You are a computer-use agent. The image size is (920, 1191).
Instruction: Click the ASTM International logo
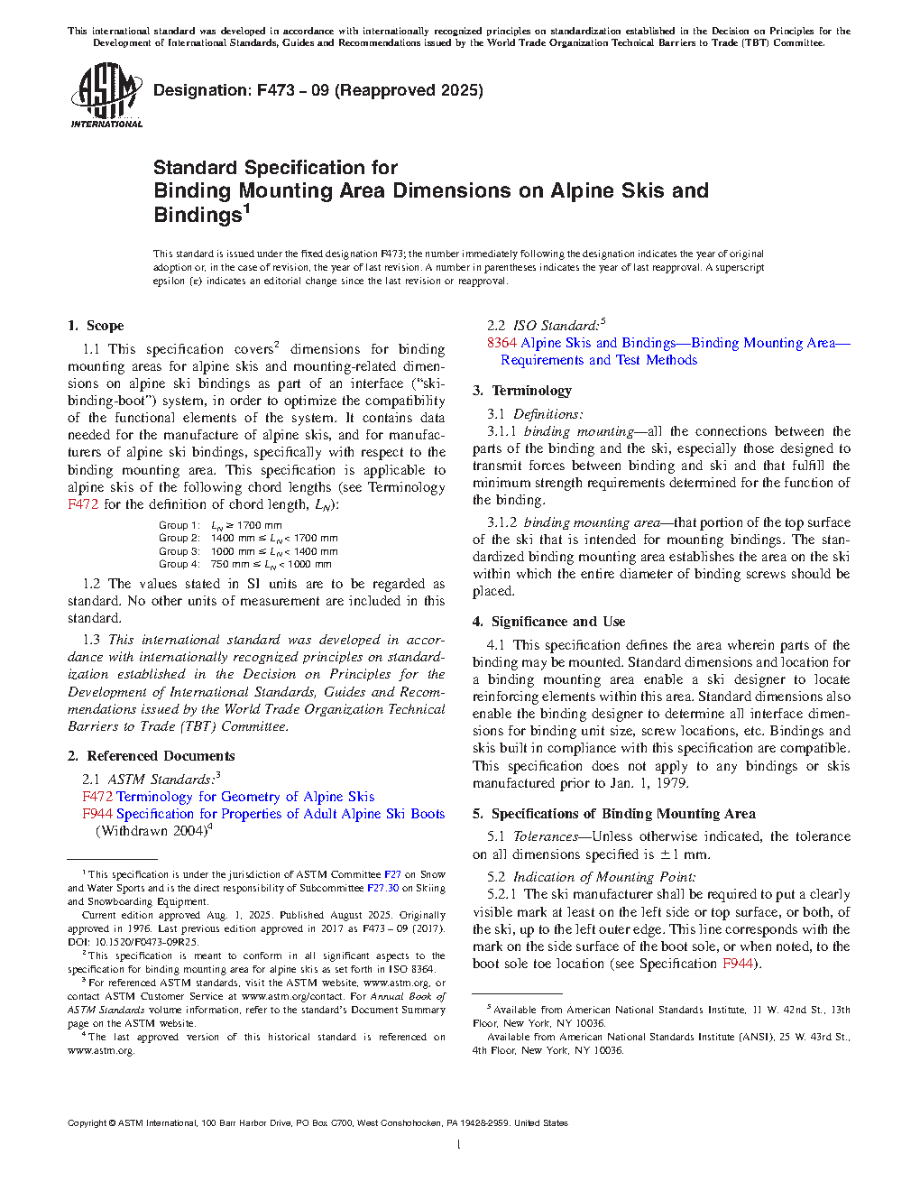click(x=106, y=95)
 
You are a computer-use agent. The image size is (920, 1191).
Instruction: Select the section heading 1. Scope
click(x=96, y=326)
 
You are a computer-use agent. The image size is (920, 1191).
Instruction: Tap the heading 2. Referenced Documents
click(x=151, y=756)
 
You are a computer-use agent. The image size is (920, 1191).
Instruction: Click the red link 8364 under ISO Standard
click(x=501, y=343)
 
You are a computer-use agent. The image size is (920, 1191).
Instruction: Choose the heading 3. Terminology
click(x=522, y=391)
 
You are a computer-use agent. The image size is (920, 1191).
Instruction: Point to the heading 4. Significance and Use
click(x=548, y=622)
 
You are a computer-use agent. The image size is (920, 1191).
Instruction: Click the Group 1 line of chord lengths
click(x=220, y=525)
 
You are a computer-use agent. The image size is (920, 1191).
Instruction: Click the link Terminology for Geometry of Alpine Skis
click(x=245, y=797)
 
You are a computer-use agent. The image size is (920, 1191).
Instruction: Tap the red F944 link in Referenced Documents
click(x=97, y=814)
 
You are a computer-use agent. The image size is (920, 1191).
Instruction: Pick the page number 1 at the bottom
click(x=459, y=1145)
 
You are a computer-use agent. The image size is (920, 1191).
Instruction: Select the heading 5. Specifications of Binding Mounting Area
click(x=613, y=814)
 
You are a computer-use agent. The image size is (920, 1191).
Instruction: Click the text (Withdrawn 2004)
click(x=152, y=831)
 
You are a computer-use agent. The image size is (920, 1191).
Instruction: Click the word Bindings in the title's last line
click(x=198, y=216)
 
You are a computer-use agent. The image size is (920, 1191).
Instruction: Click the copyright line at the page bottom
click(x=317, y=1123)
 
